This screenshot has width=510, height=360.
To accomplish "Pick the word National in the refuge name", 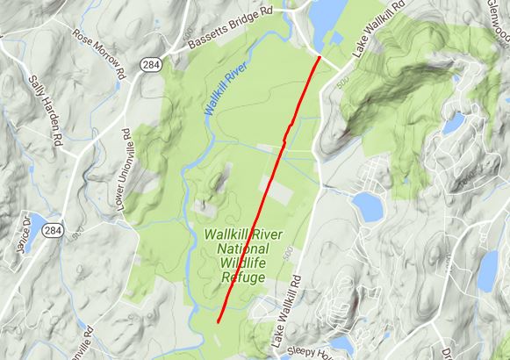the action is click(x=241, y=249).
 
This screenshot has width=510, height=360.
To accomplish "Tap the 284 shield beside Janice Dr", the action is click(x=54, y=231).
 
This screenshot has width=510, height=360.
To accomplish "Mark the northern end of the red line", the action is click(x=319, y=57).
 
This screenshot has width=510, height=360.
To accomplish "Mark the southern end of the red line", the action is click(x=218, y=323).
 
